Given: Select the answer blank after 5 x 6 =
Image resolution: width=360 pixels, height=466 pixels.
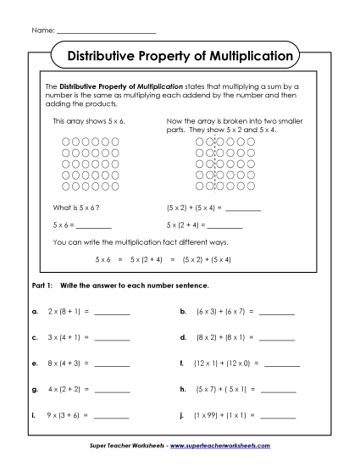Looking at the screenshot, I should [x=94, y=227].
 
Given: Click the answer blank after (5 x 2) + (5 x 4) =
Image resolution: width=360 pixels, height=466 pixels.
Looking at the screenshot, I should [x=244, y=208].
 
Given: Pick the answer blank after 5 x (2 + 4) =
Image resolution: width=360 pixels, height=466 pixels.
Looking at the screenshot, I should [x=224, y=227].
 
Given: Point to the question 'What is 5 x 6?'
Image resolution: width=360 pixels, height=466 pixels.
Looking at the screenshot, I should [x=78, y=207].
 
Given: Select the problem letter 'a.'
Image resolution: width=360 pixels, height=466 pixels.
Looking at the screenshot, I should [x=35, y=312].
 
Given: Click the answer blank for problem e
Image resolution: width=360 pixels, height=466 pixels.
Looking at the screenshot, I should [x=113, y=365].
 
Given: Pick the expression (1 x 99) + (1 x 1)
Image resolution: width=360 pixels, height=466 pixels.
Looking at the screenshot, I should [x=224, y=417].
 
